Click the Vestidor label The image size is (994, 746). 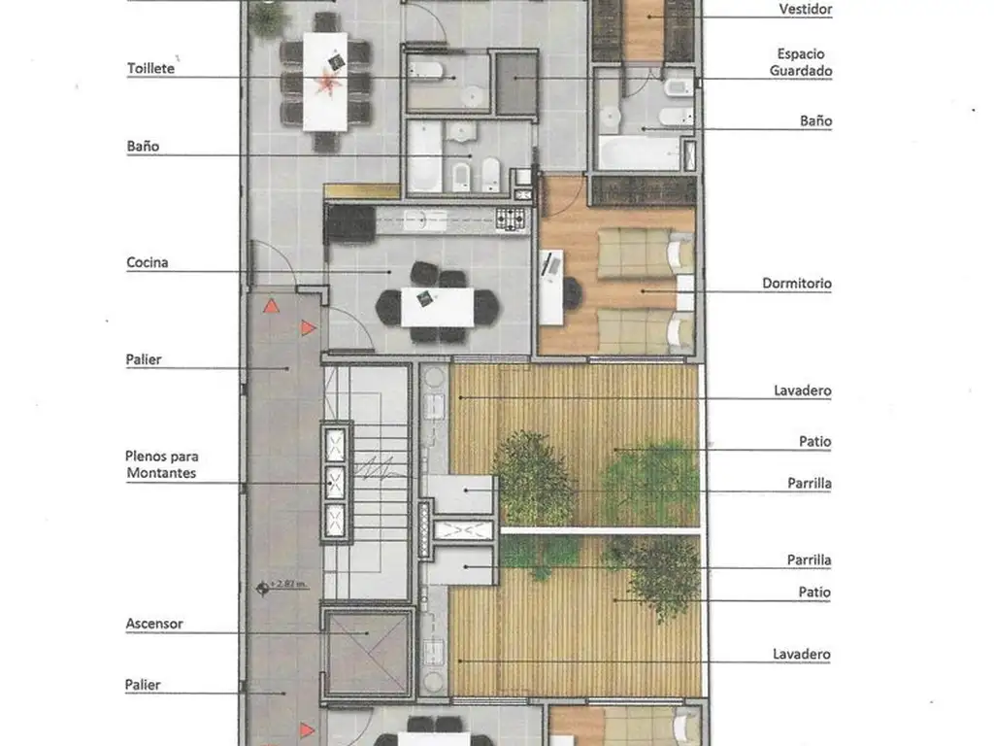click(x=805, y=9)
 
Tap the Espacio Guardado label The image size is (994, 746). click(x=801, y=62)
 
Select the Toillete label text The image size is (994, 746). click(x=150, y=69)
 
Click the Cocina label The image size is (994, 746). click(x=148, y=262)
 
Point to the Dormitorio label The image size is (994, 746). click(x=797, y=284)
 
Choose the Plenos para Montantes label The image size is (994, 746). click(x=162, y=464)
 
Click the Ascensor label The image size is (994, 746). click(x=154, y=624)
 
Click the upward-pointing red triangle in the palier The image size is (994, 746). click(x=272, y=306)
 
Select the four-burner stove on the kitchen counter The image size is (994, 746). click(x=511, y=219)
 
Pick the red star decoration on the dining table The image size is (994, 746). click(x=328, y=83)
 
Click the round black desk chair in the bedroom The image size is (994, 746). click(x=572, y=292)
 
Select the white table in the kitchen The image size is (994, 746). click(x=437, y=308)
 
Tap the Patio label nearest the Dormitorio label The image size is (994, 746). click(x=814, y=442)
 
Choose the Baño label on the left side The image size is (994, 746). click(x=143, y=147)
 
